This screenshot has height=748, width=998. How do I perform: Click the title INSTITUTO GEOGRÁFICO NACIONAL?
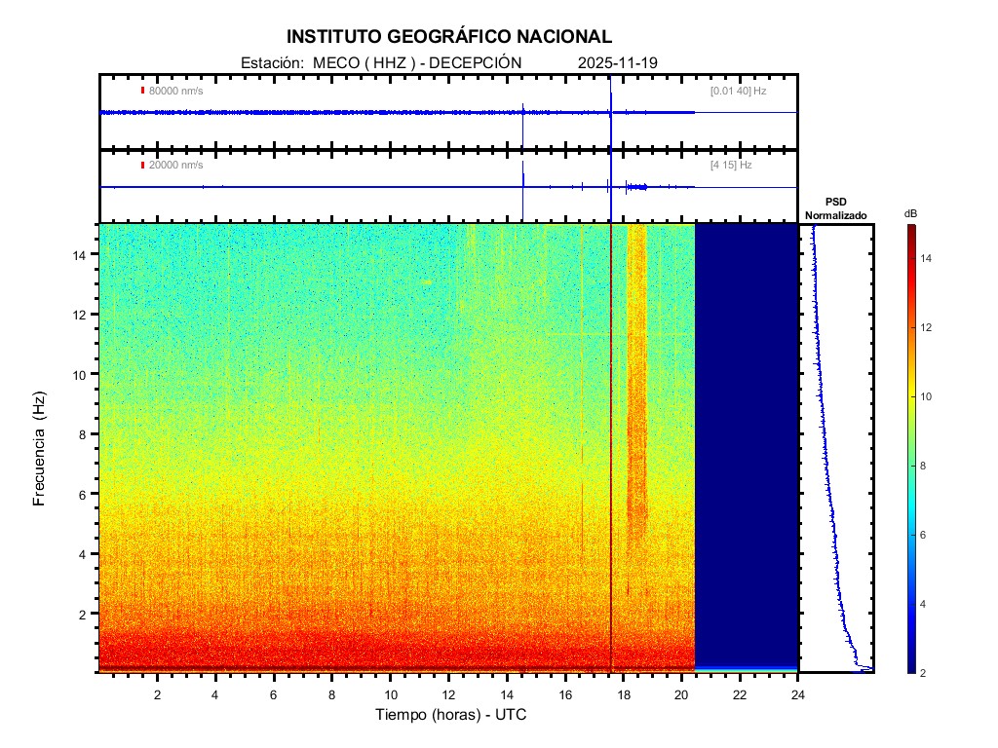pyautogui.click(x=449, y=37)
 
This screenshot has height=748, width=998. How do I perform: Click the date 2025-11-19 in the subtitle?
pyautogui.click(x=618, y=63)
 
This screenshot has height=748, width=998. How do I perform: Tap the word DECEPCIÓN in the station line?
pyautogui.click(x=476, y=63)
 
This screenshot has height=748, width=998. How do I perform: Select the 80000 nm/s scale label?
pyautogui.click(x=176, y=92)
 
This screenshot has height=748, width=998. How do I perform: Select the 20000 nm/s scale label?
pyautogui.click(x=176, y=166)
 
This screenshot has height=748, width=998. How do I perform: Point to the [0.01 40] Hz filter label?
pyautogui.click(x=738, y=92)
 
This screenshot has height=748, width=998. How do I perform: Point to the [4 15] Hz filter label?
pyautogui.click(x=731, y=166)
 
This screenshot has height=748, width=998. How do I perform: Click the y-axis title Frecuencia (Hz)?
pyautogui.click(x=40, y=449)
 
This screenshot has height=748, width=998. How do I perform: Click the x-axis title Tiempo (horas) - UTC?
pyautogui.click(x=451, y=715)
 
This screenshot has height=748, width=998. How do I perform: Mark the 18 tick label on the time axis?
pyautogui.click(x=624, y=694)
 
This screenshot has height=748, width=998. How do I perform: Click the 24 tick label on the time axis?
pyautogui.click(x=798, y=694)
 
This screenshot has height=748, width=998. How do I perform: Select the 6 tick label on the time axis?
pyautogui.click(x=274, y=694)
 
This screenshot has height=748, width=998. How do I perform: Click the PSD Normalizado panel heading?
pyautogui.click(x=835, y=209)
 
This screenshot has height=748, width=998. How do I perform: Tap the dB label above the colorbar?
pyautogui.click(x=910, y=213)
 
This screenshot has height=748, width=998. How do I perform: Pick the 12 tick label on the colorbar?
pyautogui.click(x=929, y=328)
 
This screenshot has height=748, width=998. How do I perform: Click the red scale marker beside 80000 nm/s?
pyautogui.click(x=142, y=91)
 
